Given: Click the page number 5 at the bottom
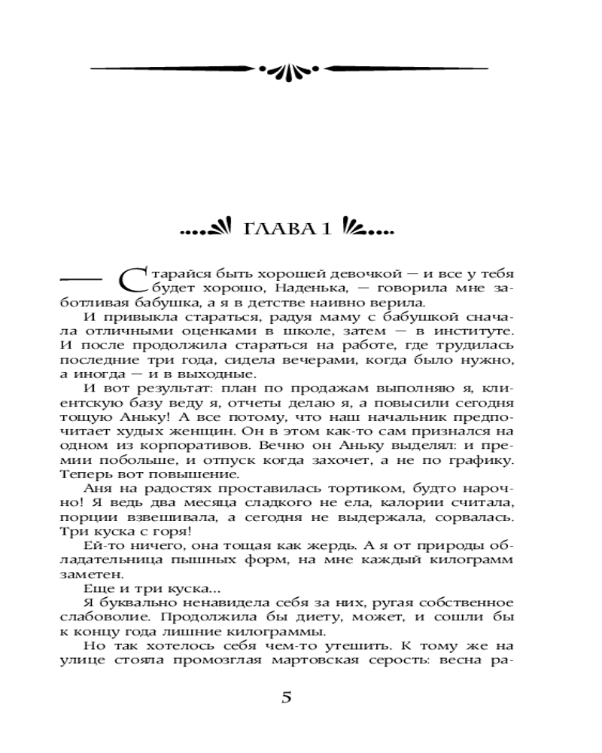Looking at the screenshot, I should click(286, 697).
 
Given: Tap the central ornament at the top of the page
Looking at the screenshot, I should click(289, 69).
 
